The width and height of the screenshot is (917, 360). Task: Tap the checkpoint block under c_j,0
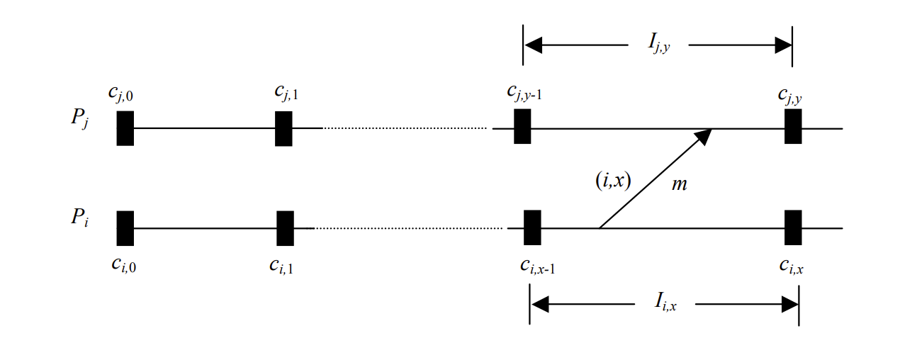125,128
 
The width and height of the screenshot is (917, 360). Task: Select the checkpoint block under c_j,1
283,128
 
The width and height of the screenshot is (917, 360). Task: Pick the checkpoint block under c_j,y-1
522,127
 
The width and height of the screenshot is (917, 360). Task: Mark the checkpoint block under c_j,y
793,127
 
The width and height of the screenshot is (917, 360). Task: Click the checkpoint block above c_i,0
125,227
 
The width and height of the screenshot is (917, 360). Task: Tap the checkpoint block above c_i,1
285,227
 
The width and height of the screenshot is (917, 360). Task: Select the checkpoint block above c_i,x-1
532,227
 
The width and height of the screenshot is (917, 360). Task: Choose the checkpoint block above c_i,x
793,227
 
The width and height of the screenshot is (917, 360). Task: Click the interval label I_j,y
658,45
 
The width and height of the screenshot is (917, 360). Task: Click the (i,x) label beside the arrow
613,181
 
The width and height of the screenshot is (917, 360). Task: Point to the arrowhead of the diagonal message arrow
704,135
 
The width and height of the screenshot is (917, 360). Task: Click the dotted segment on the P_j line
405,128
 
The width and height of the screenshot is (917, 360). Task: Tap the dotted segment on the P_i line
410,228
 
